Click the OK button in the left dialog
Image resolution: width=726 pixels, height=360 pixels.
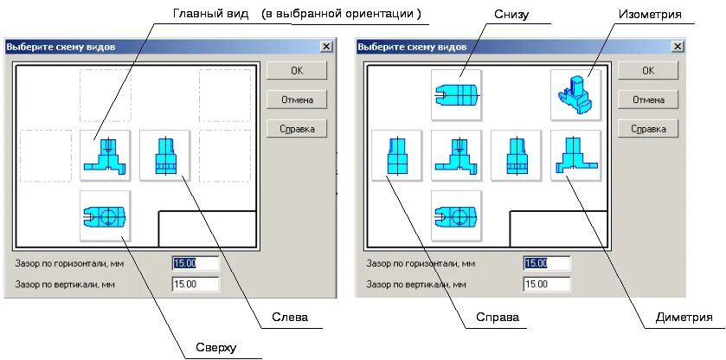coord(297,71)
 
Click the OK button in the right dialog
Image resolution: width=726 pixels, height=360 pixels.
coord(647,71)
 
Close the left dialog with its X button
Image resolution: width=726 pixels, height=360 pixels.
coord(325,47)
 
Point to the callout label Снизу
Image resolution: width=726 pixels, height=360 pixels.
coord(511,15)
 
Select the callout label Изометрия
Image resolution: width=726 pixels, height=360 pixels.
coord(651,15)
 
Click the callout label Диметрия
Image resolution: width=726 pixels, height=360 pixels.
coord(684,318)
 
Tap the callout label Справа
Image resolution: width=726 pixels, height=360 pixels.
coord(497,318)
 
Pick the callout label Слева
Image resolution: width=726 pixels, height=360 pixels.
coord(290,318)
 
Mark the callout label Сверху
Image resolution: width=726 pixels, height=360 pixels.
coord(214,348)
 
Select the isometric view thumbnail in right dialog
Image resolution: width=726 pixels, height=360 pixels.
coord(575,95)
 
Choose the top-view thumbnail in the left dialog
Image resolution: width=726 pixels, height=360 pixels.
coord(105,215)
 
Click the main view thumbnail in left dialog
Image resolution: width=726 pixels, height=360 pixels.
coord(105,156)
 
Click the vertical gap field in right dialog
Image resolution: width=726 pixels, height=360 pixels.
coord(546,284)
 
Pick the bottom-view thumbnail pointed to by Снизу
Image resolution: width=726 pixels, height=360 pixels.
coord(456,95)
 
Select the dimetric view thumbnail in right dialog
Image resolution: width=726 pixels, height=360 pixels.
coord(575,156)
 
